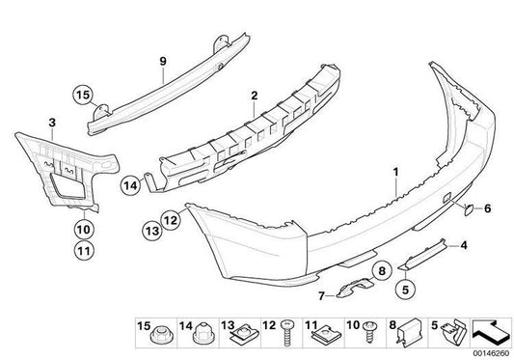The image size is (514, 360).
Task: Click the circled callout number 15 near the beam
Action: click(x=83, y=95)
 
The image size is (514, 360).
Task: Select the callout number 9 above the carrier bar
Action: click(x=163, y=61)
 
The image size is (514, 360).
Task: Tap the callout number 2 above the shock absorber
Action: click(x=254, y=96)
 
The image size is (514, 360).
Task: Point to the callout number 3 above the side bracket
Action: click(x=52, y=124)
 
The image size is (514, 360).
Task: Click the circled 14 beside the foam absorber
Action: click(x=130, y=185)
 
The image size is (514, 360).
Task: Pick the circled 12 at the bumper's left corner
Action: click(x=171, y=220)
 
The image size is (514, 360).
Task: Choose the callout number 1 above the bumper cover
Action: click(x=396, y=172)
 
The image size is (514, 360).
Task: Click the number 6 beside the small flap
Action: click(x=487, y=208)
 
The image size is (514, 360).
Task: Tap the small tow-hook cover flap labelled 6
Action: click(x=469, y=209)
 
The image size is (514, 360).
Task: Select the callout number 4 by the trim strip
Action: click(x=464, y=245)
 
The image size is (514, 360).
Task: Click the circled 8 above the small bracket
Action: click(x=382, y=271)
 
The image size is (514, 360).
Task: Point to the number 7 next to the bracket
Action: click(x=321, y=296)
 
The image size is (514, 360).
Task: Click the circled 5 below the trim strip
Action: click(x=405, y=290)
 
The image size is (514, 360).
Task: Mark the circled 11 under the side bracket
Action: click(x=84, y=251)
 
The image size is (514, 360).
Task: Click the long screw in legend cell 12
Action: click(x=286, y=333)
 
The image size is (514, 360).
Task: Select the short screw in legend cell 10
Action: click(x=369, y=331)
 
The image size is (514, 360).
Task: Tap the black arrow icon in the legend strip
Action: click(x=491, y=333)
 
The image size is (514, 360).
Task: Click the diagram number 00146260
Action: click(x=492, y=353)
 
